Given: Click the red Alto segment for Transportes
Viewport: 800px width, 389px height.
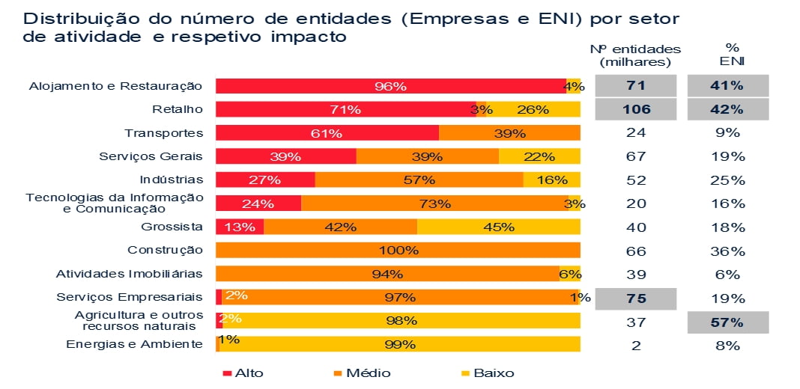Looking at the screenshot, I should click(327, 133).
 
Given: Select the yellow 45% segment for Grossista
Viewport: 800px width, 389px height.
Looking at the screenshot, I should click(498, 227).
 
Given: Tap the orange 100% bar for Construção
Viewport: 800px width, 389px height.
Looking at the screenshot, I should click(398, 251).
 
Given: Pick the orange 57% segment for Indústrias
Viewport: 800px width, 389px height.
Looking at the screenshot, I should click(419, 180).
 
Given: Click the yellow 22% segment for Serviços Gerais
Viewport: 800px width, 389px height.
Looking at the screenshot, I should click(539, 156).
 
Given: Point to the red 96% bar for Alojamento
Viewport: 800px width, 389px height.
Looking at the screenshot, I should click(390, 86).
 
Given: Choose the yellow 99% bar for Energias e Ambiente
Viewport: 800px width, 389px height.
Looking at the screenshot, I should click(399, 345).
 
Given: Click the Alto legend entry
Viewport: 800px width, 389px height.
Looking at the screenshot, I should click(243, 373).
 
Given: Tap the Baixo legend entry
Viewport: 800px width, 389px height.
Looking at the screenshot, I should click(486, 373).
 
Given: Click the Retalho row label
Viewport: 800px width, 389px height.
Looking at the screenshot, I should click(178, 109).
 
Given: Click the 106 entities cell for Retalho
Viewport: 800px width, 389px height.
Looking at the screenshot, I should click(635, 109).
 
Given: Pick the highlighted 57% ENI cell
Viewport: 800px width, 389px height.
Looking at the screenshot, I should click(727, 322).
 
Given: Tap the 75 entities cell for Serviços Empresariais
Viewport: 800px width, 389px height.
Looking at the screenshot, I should click(635, 298).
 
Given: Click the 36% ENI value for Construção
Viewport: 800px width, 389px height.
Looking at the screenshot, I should click(727, 251).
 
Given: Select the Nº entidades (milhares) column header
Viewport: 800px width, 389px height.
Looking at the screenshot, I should click(635, 55).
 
